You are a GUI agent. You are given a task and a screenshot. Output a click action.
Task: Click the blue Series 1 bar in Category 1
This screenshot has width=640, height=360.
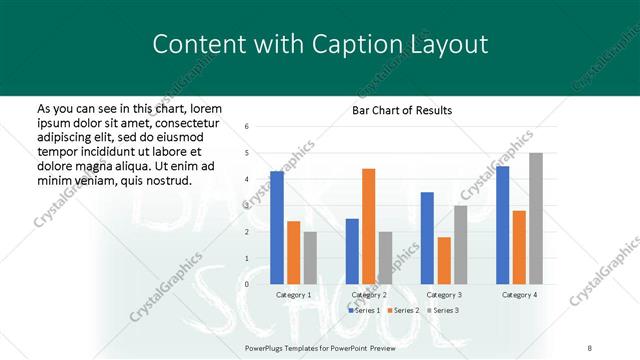[x=277, y=228]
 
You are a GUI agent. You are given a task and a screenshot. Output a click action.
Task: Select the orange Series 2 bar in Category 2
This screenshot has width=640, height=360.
[x=368, y=226]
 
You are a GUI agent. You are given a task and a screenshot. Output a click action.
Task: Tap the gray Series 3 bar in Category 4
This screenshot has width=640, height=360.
[x=535, y=218]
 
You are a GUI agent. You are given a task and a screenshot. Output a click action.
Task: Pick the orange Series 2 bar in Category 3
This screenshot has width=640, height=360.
[x=443, y=260]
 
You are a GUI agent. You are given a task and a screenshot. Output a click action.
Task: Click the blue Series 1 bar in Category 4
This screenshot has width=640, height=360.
[x=502, y=225]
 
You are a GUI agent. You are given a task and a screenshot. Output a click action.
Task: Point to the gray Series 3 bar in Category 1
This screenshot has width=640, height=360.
[x=310, y=258]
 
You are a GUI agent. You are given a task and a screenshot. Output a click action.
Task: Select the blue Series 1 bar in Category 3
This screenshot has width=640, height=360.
[x=427, y=238]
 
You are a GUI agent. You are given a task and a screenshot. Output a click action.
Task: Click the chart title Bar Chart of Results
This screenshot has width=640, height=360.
[x=402, y=110]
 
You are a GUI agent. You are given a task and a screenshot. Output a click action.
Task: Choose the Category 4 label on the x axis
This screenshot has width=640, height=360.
[x=518, y=295]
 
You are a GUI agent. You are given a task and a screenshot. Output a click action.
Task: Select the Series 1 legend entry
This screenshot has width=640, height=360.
[x=364, y=311]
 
